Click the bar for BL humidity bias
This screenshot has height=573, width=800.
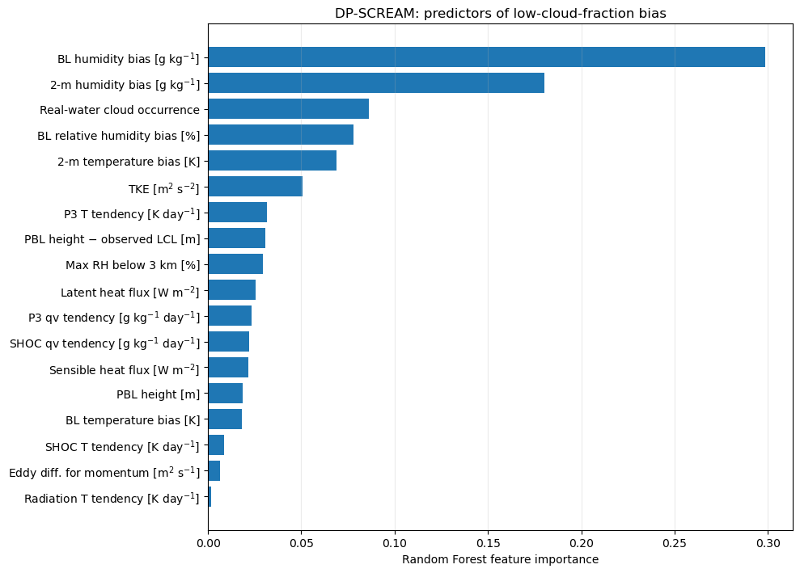tap(487, 57)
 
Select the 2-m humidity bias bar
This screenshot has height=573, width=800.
tap(376, 83)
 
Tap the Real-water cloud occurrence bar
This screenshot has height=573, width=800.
tap(289, 108)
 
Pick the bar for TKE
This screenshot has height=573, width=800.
tap(256, 187)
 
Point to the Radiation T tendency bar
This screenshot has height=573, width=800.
tap(210, 497)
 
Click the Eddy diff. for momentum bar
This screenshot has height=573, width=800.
tap(214, 471)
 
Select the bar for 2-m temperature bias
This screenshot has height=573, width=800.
tap(273, 161)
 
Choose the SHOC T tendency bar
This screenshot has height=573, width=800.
tap(216, 445)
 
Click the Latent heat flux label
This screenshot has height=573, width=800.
tap(130, 292)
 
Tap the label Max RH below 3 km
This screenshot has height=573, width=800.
tap(133, 265)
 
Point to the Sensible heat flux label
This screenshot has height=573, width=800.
tap(125, 369)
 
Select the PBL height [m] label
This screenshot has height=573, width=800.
tap(159, 394)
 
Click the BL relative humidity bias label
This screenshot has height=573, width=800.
tap(118, 136)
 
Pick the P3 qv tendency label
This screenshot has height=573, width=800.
tap(114, 317)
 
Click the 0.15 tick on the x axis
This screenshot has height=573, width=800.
tap(489, 543)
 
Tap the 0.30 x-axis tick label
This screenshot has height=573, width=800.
tap(768, 543)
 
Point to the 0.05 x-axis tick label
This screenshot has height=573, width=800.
tap(302, 543)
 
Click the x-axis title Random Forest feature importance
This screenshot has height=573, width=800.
tap(501, 560)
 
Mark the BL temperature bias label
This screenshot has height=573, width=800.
tap(133, 420)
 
